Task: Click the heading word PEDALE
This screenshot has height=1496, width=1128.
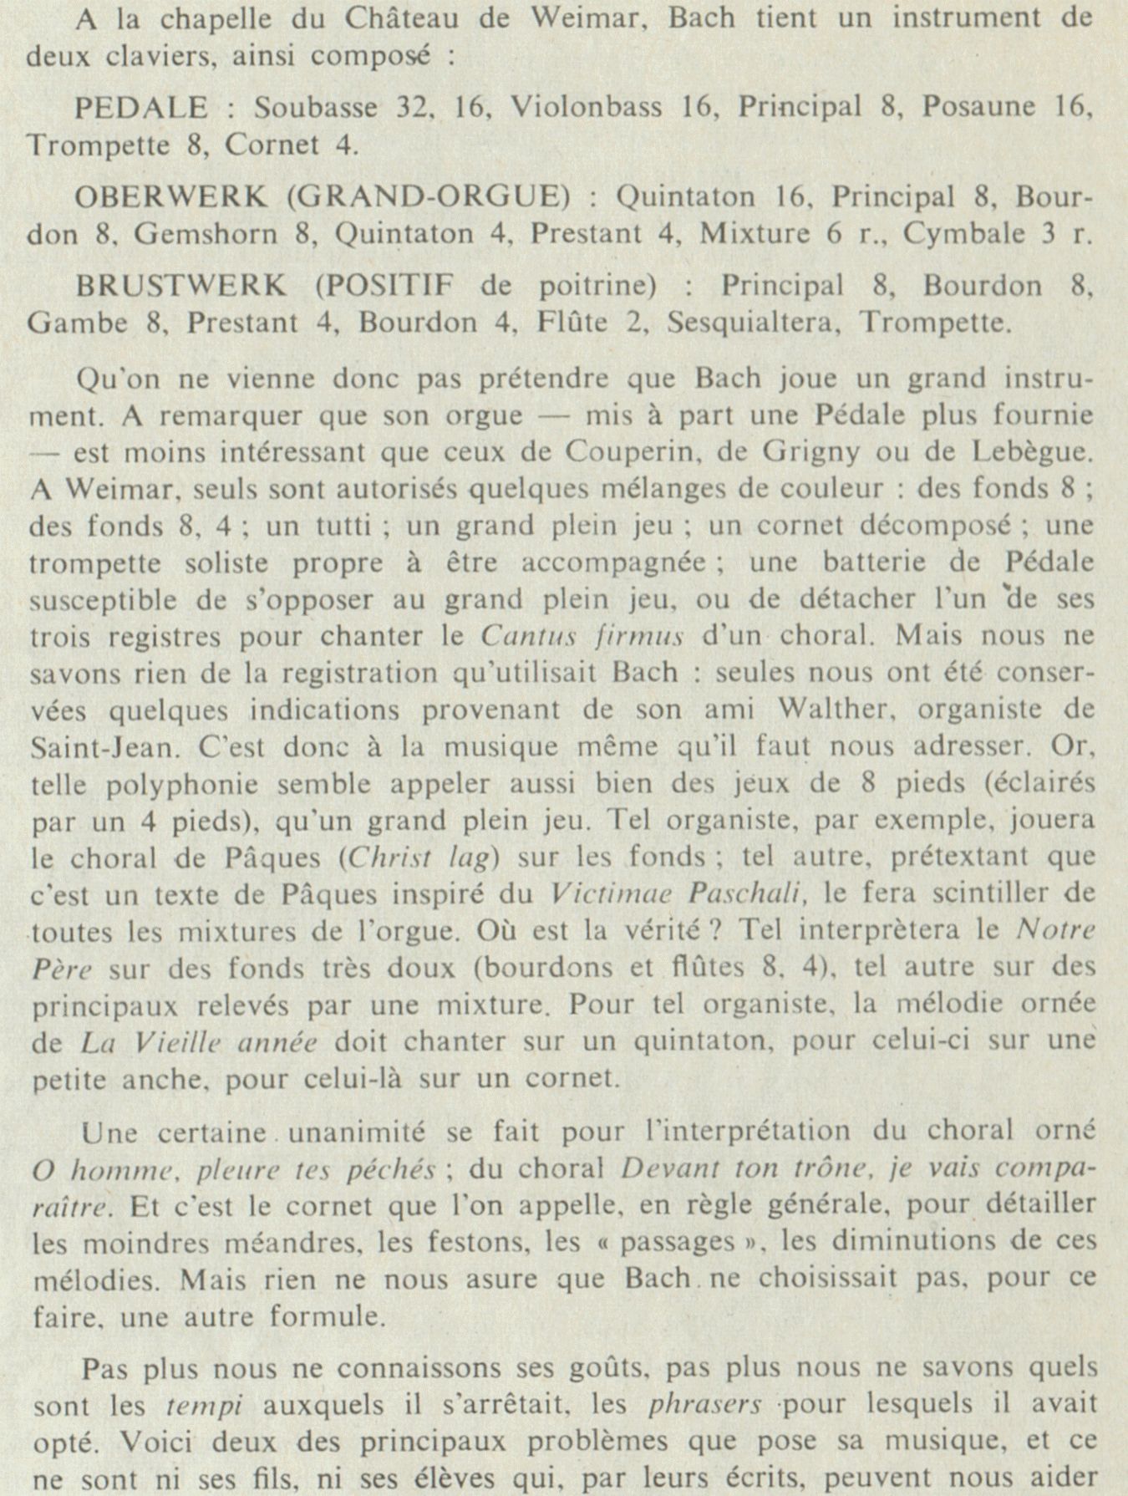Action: [x=141, y=108]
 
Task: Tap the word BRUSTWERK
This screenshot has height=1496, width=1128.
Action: [x=181, y=286]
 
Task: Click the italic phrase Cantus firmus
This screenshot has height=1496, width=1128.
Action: [x=582, y=637]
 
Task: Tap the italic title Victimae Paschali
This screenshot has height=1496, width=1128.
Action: [x=678, y=894]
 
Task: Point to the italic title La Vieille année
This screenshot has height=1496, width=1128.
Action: [x=199, y=1043]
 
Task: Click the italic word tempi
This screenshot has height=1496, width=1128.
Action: [x=204, y=1406]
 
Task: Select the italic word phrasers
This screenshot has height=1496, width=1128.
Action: [x=704, y=1406]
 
